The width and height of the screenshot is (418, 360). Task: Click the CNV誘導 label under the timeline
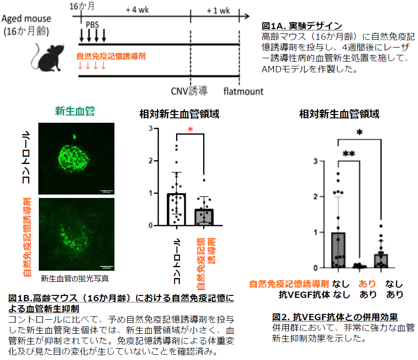(x=189, y=91)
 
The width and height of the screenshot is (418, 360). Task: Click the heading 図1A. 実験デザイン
(x=302, y=26)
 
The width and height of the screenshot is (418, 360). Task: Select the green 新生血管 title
(x=75, y=111)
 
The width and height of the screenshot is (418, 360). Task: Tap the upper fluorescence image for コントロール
(x=76, y=158)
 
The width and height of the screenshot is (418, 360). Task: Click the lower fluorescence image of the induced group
(x=76, y=232)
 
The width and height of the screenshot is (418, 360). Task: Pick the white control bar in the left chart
(x=177, y=209)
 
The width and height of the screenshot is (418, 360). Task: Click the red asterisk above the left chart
(x=191, y=130)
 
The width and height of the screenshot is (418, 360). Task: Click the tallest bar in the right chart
(x=338, y=250)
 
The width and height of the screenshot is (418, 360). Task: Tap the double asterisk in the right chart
(x=348, y=154)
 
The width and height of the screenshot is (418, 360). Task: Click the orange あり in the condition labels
(x=368, y=284)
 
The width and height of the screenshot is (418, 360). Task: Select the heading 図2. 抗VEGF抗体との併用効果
(x=335, y=317)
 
